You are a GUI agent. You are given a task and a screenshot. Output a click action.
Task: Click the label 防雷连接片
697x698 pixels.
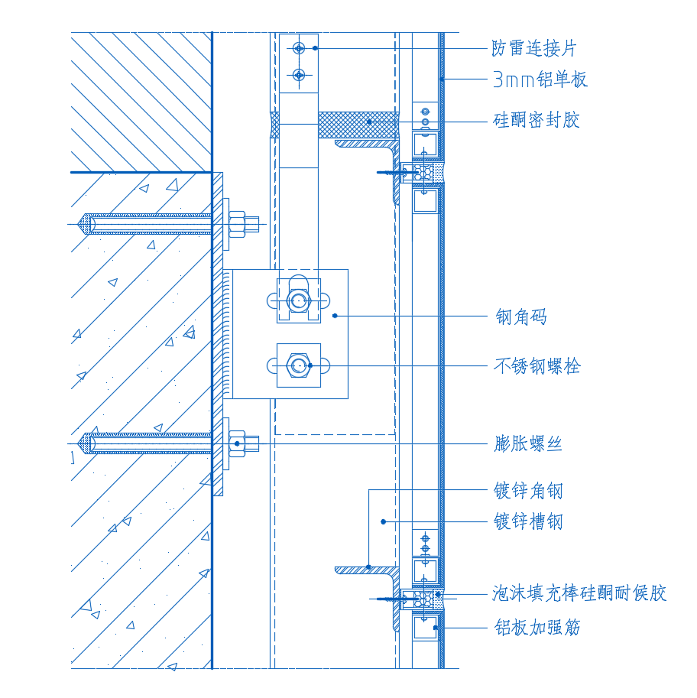click(x=533, y=48)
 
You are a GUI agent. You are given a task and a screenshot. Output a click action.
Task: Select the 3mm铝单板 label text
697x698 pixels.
click(x=540, y=79)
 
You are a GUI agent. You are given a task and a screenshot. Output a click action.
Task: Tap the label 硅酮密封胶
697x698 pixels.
click(x=537, y=120)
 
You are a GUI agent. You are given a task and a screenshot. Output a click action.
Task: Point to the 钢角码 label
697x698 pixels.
click(x=521, y=316)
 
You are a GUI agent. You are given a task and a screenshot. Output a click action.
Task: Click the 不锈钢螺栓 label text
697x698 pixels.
click(x=537, y=366)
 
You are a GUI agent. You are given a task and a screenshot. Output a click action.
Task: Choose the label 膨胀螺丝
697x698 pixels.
click(x=528, y=443)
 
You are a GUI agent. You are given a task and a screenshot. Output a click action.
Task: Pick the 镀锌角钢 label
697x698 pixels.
click(x=528, y=490)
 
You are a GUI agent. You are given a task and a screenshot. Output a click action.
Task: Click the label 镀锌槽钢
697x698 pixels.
click(x=528, y=522)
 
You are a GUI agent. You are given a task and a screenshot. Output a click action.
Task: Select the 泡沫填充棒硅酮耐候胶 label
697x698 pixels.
click(x=579, y=593)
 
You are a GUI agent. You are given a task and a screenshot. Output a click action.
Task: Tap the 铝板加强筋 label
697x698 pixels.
click(x=537, y=628)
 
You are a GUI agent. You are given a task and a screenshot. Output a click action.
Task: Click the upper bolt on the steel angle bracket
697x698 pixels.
click(x=298, y=300)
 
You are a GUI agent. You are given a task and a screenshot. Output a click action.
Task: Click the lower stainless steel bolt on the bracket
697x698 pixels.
click(x=298, y=365)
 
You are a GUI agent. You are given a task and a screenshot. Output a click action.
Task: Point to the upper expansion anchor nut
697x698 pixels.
click(x=238, y=224)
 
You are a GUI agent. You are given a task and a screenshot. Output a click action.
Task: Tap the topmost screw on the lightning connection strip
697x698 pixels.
click(x=299, y=48)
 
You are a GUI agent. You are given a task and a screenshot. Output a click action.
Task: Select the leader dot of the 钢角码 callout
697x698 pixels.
click(x=335, y=315)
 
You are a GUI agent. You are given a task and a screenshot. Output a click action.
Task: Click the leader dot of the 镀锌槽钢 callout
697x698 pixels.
click(x=384, y=521)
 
